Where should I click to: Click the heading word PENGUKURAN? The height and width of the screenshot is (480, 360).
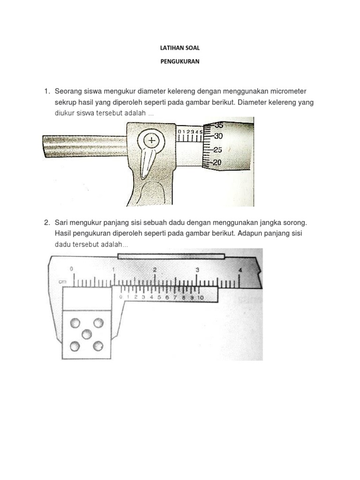[x=180, y=61]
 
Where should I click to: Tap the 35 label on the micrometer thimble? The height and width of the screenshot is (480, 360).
[x=219, y=125]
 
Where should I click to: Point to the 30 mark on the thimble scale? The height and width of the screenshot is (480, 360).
[x=217, y=136]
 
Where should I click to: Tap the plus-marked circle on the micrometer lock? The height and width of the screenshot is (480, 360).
[x=151, y=140]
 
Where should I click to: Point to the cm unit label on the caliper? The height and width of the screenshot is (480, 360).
[x=61, y=282]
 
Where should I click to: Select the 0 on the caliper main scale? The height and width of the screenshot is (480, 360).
[x=71, y=269]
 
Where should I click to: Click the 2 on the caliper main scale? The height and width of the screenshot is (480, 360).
[x=155, y=270]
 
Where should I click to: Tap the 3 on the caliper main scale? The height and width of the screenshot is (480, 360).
[x=197, y=270]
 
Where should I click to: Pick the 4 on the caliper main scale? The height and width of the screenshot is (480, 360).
[x=240, y=270]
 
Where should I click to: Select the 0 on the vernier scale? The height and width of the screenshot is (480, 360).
[x=121, y=297]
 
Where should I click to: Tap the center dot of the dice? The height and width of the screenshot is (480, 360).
[x=86, y=334]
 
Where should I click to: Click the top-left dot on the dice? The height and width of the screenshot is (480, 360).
[x=75, y=323]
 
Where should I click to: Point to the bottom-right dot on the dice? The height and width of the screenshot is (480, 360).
[x=97, y=346]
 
